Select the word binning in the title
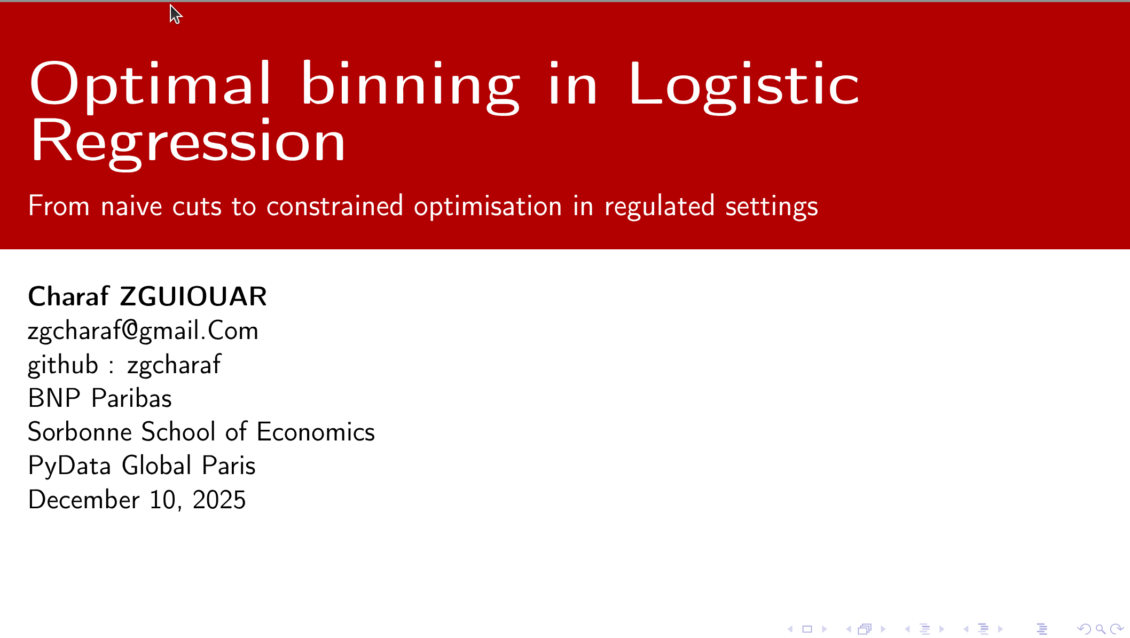tap(410, 85)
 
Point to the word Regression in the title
tap(188, 142)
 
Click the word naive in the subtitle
tap(131, 206)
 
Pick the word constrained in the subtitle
tap(335, 206)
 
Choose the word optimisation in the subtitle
tap(488, 207)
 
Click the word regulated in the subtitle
tap(659, 207)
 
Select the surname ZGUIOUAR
tap(193, 296)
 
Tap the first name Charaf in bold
tap(68, 296)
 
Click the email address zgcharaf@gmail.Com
tap(143, 331)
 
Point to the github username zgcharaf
tap(174, 365)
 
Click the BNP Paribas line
tap(100, 398)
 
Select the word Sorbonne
tap(80, 432)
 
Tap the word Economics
tap(316, 432)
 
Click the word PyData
tap(69, 466)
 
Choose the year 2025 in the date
tap(219, 500)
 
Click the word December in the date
tap(84, 500)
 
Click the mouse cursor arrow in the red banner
tap(175, 14)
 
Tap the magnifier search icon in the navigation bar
tap(1100, 629)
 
